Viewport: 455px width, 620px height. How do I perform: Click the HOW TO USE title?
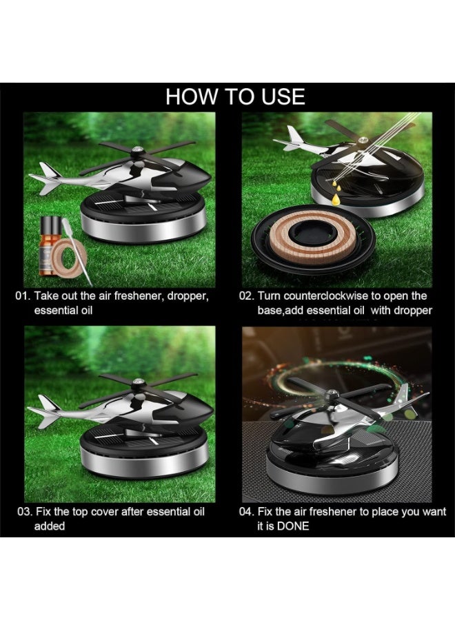[x=235, y=96]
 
